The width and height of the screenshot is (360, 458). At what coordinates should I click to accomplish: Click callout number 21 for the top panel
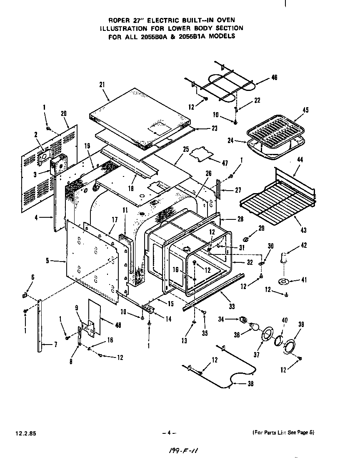point(102,85)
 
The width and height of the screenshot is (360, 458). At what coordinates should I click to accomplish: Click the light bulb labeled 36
point(253,327)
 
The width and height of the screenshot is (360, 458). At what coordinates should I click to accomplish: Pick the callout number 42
point(304,245)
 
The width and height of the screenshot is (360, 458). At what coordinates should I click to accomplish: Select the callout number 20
point(64,113)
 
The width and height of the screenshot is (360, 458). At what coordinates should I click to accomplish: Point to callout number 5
point(48,261)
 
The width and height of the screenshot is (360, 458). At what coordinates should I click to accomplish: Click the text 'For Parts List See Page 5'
point(283,433)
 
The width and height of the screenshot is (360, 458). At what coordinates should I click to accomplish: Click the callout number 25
point(186,149)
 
